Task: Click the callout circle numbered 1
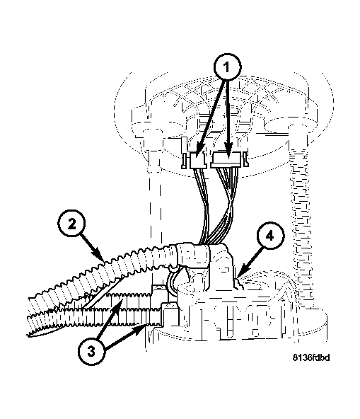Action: [x=227, y=67]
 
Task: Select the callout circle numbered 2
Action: [x=71, y=224]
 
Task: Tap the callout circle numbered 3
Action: [x=91, y=351]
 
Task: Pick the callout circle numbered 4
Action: [x=271, y=236]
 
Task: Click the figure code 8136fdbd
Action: [x=311, y=357]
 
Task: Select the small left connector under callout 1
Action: [x=198, y=161]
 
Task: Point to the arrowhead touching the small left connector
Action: [x=199, y=151]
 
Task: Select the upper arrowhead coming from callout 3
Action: [x=118, y=306]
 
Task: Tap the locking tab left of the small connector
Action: [x=185, y=161]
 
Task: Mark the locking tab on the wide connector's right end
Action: [x=246, y=159]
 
